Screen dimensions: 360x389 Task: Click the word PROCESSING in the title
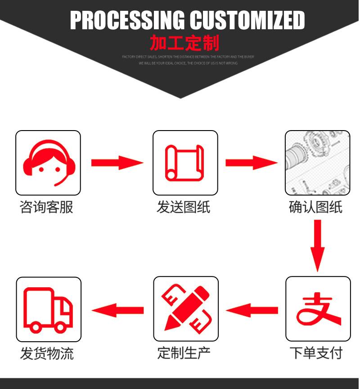tap(127, 20)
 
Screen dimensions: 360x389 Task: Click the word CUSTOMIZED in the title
tap(247, 20)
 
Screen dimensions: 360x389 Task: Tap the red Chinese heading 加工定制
tap(184, 43)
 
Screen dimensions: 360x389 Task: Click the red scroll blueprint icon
tap(185, 163)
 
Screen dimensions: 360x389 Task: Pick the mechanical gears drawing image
tap(318, 163)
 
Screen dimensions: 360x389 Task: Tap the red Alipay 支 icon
tap(318, 309)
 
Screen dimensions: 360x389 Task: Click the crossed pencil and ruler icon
tap(185, 309)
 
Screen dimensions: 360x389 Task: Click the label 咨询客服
tap(47, 207)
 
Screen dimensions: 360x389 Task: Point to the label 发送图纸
tap(184, 207)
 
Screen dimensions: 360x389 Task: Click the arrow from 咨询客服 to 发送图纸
tap(117, 162)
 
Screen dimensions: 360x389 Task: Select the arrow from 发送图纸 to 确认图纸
tap(251, 162)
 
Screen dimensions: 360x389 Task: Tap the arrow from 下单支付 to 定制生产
tap(252, 310)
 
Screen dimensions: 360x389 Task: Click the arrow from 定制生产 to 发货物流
tap(118, 310)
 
